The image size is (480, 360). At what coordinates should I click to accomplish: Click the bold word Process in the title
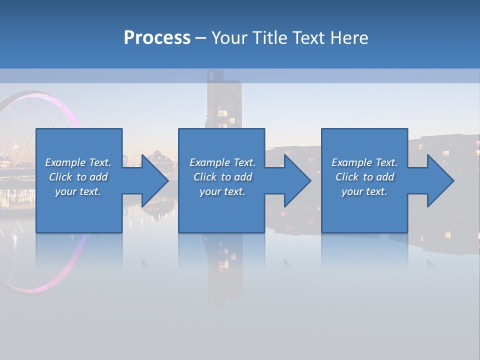[157, 38]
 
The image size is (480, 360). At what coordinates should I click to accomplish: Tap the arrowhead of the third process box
[439, 180]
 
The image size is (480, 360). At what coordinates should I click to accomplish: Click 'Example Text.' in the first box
[78, 162]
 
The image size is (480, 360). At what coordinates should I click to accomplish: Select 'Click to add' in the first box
[78, 177]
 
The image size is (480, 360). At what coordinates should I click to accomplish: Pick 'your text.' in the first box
[78, 191]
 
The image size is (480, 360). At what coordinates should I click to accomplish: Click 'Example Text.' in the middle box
[222, 162]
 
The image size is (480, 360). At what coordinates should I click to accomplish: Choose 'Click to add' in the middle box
[222, 177]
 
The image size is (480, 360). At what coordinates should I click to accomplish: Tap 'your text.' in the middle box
[222, 191]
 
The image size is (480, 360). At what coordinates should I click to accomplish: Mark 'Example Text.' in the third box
[364, 162]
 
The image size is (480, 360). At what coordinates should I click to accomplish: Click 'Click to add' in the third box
[364, 177]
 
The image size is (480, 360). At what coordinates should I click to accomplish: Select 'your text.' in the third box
[364, 191]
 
